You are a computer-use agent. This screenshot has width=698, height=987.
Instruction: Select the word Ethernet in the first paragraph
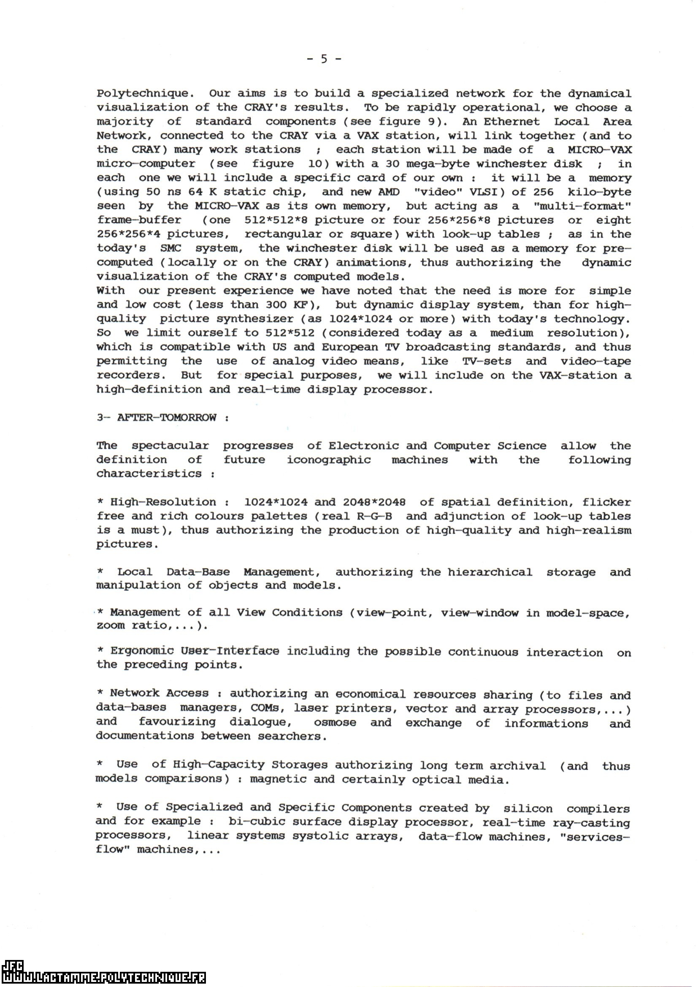[511, 122]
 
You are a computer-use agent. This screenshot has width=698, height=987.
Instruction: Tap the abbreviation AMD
[389, 192]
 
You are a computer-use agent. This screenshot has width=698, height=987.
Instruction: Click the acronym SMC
[170, 249]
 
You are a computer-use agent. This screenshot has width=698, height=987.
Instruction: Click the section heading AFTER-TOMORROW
[167, 418]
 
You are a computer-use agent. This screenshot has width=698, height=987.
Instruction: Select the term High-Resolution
[163, 502]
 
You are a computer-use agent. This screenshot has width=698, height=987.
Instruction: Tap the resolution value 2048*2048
[374, 502]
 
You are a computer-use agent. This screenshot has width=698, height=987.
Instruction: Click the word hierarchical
[490, 572]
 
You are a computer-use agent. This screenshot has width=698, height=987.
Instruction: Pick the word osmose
[335, 722]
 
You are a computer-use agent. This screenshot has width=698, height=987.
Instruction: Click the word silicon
[528, 808]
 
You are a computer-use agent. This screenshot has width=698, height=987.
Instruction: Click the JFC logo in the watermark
[12, 965]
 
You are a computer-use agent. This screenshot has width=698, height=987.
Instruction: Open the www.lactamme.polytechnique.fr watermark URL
[103, 978]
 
